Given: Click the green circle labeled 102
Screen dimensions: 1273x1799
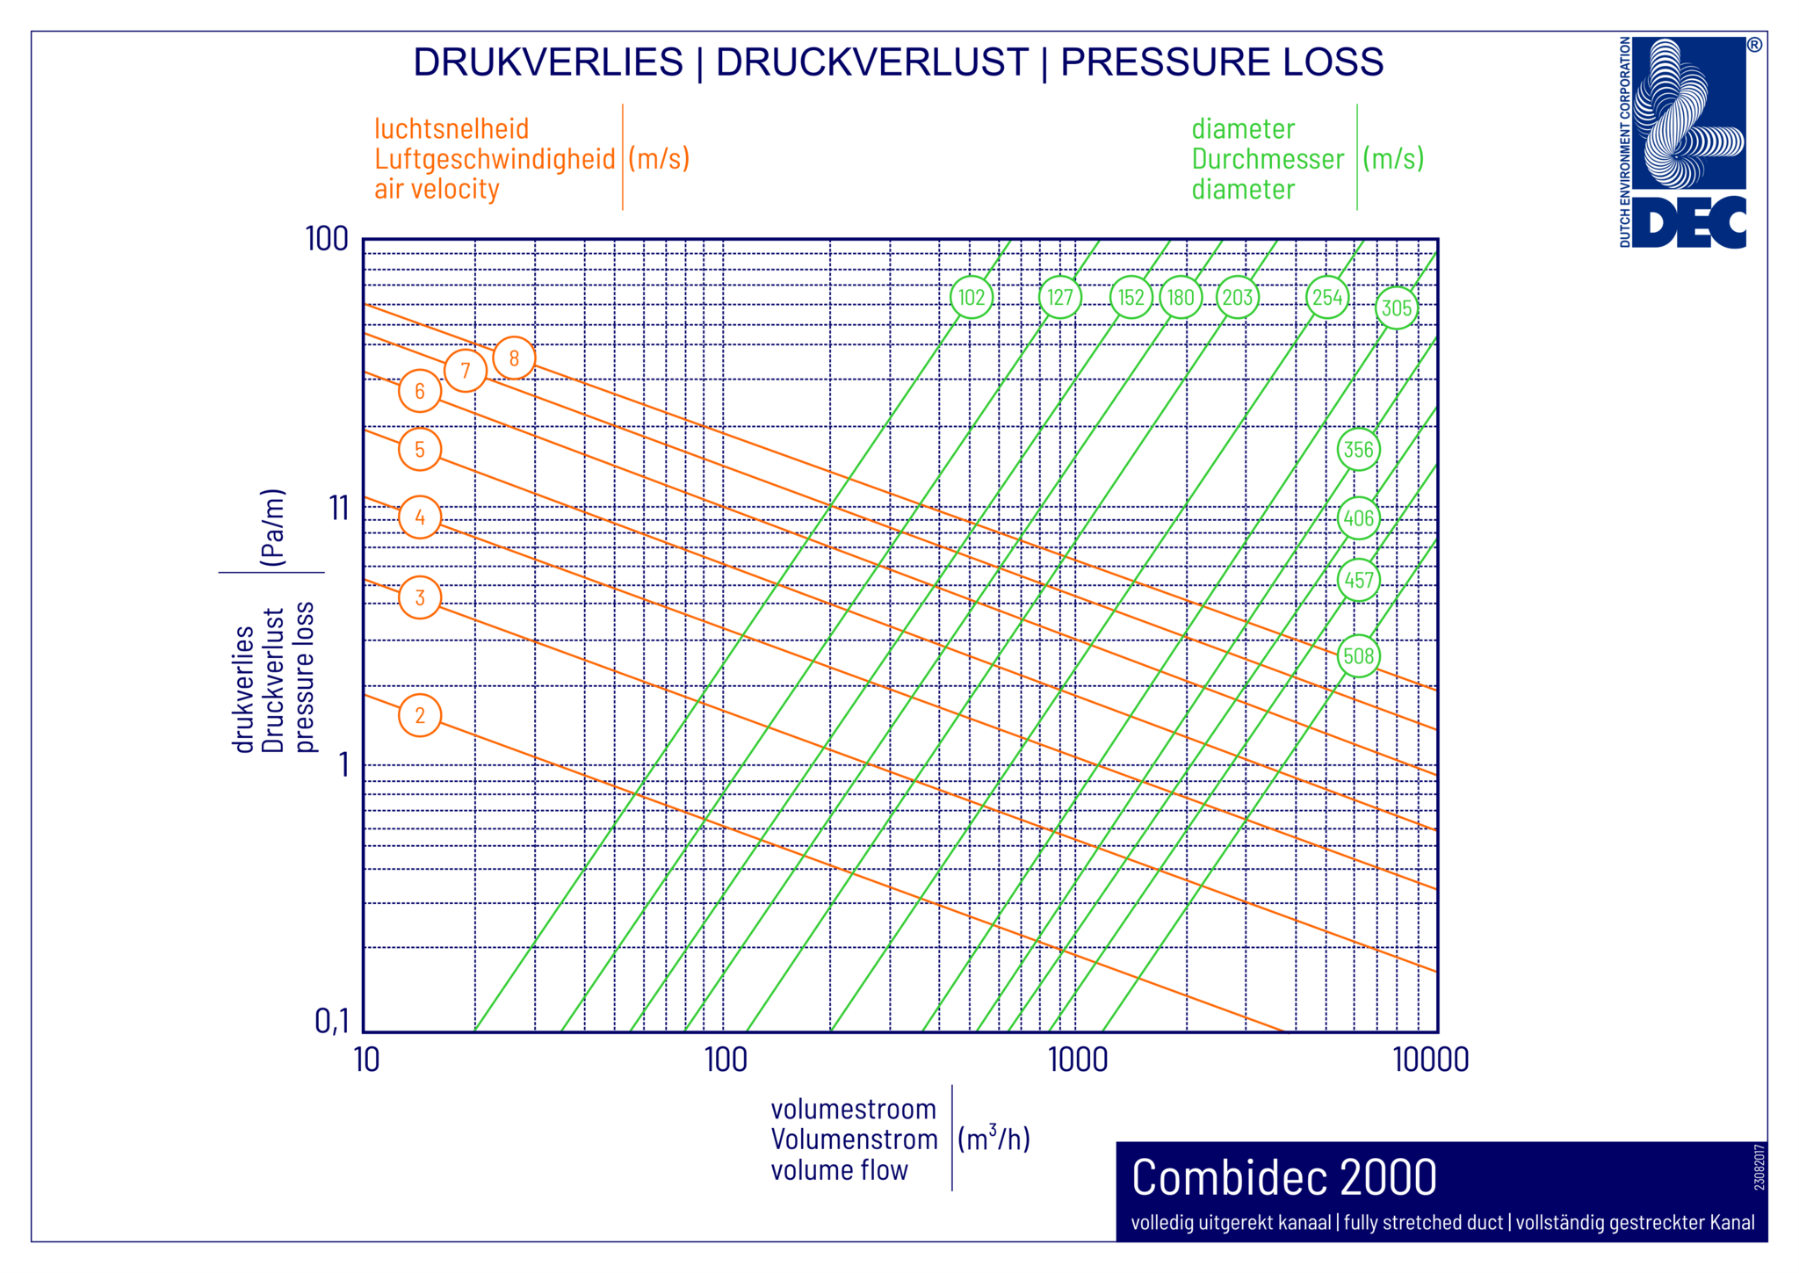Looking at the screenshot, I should coord(972,298).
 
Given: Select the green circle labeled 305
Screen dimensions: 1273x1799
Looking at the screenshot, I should coord(1396,308).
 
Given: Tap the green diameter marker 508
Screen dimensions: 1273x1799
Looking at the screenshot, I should coord(1358,656).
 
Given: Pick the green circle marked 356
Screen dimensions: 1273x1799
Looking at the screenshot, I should coord(1358,450).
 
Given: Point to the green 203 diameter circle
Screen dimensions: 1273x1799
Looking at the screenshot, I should coord(1237,298).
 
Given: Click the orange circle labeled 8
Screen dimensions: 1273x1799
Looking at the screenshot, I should coord(514,358).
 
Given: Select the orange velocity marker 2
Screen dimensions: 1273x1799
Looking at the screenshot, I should coord(420,715).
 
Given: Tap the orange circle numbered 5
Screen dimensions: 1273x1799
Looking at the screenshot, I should coord(420,450).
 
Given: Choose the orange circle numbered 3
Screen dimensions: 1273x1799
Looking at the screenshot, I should coord(420,598).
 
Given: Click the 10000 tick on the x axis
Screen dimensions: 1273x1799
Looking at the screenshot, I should coord(1431,1060).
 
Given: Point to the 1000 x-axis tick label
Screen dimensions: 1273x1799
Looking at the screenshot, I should coord(1078,1060).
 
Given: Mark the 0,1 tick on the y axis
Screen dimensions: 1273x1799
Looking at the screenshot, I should coord(332,1021).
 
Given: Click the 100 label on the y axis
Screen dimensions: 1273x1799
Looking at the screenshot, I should coord(327,239).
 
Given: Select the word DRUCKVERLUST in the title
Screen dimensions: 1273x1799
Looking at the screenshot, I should coord(871,62).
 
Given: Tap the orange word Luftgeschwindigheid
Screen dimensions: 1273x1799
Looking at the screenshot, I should coord(495,159).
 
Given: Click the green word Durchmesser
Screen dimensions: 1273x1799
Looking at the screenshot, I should coord(1268,159).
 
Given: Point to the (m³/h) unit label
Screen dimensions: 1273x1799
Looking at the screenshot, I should coord(993,1139).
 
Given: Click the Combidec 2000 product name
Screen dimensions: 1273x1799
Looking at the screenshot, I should coord(1283,1178).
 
